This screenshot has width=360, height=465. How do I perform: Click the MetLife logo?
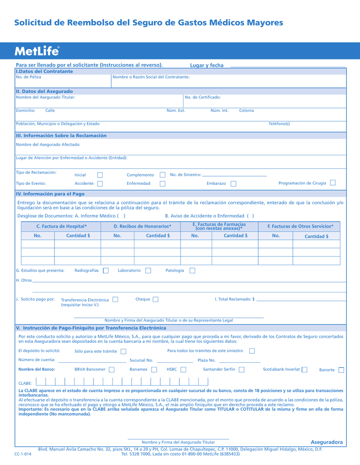coord(37,51)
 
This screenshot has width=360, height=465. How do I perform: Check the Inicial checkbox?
coord(100,175)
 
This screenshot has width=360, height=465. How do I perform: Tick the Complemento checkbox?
coord(163,175)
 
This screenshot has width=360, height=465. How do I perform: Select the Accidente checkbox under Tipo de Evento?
coord(100,183)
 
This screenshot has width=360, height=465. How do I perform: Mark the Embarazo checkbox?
coord(233,183)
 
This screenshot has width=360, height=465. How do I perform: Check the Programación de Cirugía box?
coord(333,183)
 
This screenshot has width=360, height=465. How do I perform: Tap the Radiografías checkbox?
coord(106,271)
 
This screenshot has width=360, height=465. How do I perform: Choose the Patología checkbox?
coord(192,271)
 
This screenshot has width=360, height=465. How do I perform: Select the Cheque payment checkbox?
coord(156,299)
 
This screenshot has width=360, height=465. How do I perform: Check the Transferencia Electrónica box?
coord(115,299)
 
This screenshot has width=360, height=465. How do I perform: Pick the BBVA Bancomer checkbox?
coord(112,370)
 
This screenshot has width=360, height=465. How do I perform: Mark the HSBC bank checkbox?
coord(183,370)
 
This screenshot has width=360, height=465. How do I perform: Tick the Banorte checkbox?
coord(341,370)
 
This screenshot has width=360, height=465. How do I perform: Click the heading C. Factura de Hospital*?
coord(61,226)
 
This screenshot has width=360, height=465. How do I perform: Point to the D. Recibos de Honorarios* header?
coord(143,226)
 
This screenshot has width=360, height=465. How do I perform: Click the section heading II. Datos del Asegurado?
coord(44,91)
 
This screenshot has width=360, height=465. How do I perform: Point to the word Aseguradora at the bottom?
coord(327,442)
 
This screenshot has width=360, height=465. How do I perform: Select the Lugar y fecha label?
coord(207,65)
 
